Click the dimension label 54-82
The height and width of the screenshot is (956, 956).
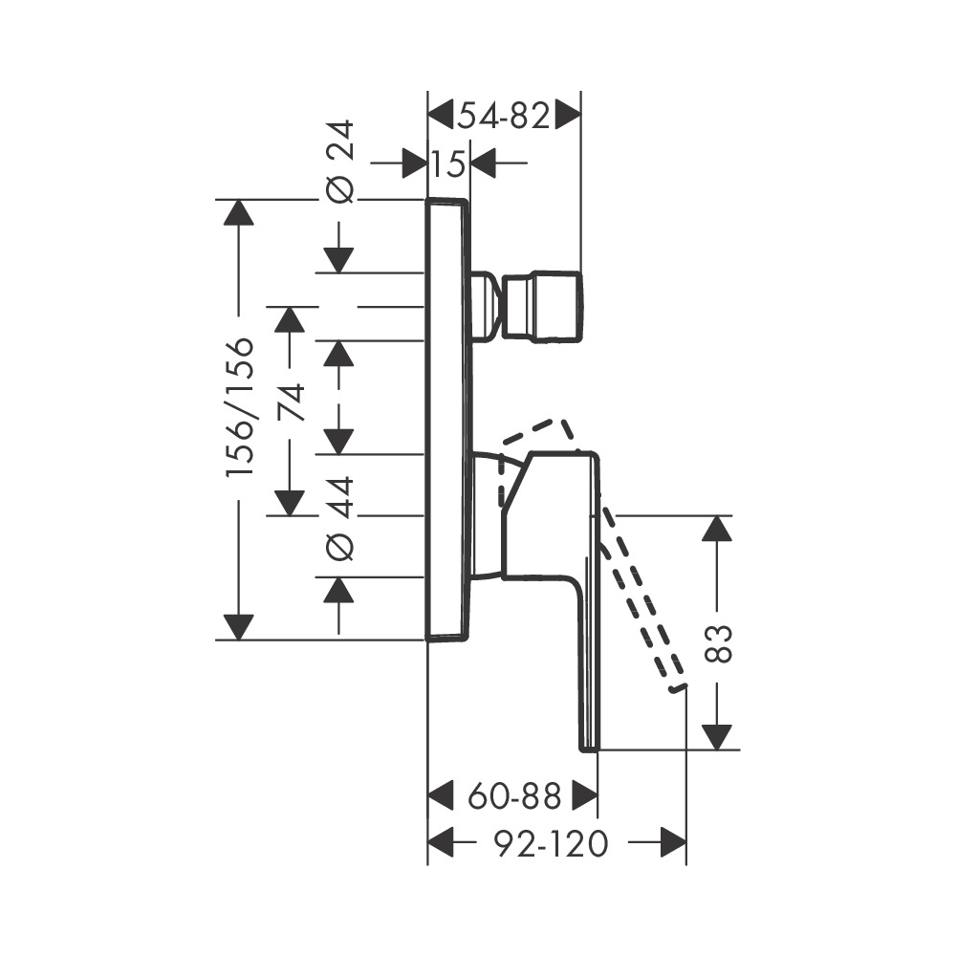[504, 117]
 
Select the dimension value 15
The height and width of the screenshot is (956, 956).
[447, 164]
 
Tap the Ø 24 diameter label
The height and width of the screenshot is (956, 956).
[339, 161]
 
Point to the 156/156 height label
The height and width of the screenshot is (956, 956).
[240, 407]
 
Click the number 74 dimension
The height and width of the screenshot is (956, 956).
[291, 402]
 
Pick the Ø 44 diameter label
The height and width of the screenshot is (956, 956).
[340, 516]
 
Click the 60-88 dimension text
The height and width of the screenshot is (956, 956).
[512, 793]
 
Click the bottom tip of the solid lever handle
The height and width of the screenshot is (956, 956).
[589, 745]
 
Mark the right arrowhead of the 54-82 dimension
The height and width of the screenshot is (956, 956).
[569, 116]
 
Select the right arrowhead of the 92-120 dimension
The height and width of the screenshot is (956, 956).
[674, 843]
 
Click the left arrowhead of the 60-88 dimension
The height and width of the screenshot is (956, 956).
[440, 793]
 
